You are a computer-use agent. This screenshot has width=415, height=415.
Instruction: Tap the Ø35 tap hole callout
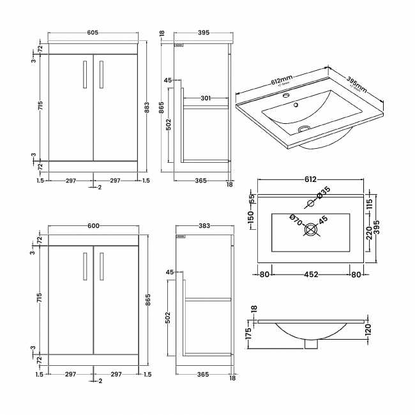coord(325,191)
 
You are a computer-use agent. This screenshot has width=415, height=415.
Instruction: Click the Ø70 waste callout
coord(296,220)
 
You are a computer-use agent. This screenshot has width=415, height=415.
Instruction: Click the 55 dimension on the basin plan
coord(251,199)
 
